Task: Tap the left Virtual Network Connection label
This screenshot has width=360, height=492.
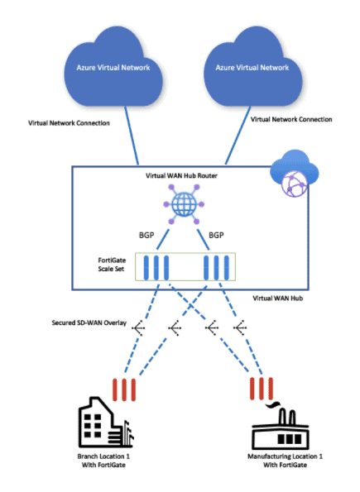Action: (69, 123)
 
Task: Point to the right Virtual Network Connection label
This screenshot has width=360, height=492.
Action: (291, 119)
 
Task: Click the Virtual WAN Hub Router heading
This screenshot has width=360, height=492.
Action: (181, 175)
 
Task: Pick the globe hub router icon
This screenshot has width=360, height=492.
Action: (184, 204)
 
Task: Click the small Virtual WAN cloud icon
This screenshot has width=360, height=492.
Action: (295, 173)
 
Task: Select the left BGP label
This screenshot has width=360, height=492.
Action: (146, 235)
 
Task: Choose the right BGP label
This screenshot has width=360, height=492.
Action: (216, 235)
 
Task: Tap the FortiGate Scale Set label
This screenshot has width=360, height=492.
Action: (112, 265)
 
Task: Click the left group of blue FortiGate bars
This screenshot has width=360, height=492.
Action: (156, 267)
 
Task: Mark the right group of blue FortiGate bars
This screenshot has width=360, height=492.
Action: (217, 267)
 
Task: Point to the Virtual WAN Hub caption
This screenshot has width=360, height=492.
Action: (278, 298)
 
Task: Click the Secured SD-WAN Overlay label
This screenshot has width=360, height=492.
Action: (89, 322)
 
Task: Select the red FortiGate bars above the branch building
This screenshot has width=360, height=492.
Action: (124, 389)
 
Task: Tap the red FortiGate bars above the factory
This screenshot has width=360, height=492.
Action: (262, 389)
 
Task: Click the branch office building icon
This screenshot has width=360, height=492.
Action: (106, 423)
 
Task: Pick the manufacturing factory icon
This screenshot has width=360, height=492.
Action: (281, 426)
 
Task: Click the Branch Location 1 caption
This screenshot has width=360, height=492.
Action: (103, 461)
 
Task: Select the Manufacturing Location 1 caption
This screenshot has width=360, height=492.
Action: (285, 461)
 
